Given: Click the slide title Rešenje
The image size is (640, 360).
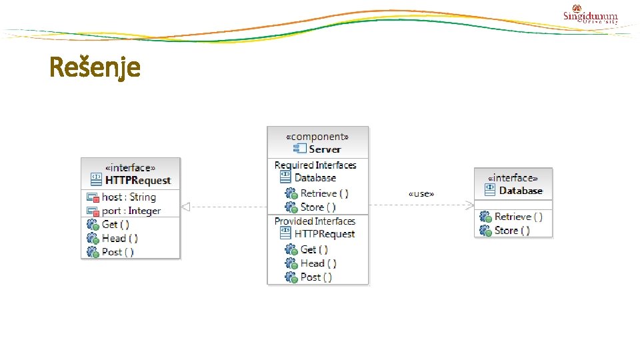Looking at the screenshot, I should click(x=95, y=67).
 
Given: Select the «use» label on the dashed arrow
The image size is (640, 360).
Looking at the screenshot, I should click(x=421, y=194).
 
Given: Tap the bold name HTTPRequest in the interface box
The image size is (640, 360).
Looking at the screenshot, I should click(x=137, y=180).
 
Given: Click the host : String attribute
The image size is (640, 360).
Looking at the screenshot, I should click(x=129, y=197).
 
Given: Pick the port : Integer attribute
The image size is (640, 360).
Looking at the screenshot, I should click(x=131, y=211).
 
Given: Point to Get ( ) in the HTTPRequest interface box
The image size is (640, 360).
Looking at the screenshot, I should click(x=115, y=225).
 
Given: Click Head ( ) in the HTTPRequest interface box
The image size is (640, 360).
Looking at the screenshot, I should click(x=119, y=238).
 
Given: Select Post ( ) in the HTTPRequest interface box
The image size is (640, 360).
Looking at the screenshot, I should click(x=117, y=252).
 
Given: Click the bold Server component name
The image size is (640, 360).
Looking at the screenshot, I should click(x=325, y=149).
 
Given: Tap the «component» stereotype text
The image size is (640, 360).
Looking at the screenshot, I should click(x=317, y=137).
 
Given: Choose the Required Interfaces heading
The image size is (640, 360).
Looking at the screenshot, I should click(x=315, y=165).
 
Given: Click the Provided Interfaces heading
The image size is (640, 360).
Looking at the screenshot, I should click(x=315, y=221).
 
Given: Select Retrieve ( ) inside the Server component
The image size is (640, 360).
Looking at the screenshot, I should click(x=324, y=193).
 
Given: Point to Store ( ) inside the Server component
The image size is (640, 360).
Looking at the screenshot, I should click(x=318, y=207).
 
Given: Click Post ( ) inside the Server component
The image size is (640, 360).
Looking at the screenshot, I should click(x=316, y=277).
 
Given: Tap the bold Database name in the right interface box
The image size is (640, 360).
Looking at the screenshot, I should click(x=521, y=191).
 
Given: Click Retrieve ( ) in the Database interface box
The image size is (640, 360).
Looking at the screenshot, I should click(x=518, y=217).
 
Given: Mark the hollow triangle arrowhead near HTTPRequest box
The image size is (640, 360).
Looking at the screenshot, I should click(x=186, y=207).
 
